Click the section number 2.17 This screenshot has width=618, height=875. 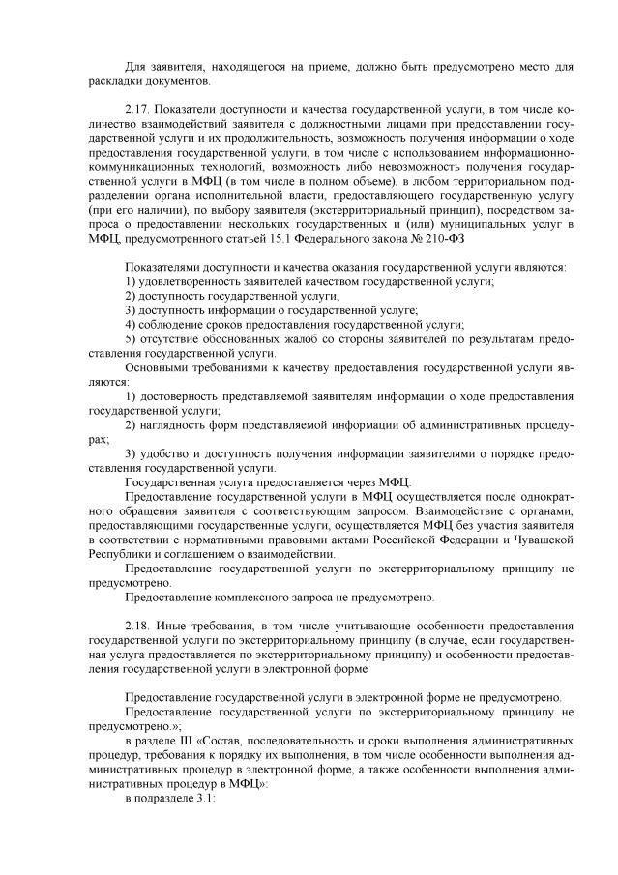[x=140, y=113]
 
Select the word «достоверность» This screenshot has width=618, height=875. [x=181, y=396]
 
